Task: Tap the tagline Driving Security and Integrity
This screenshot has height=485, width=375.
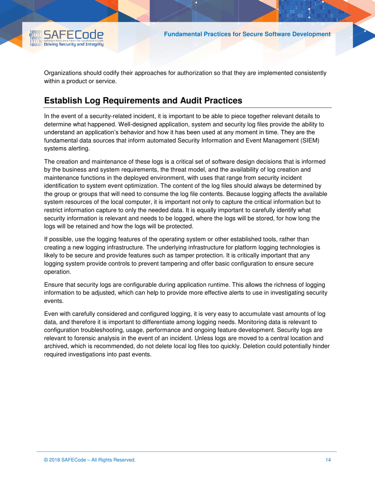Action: [73, 45]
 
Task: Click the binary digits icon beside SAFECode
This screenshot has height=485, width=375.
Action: [36, 39]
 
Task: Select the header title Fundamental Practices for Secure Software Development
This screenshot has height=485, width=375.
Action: [247, 34]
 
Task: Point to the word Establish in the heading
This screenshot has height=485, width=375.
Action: [63, 101]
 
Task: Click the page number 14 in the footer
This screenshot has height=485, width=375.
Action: [328, 460]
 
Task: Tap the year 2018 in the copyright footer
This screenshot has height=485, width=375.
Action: [56, 460]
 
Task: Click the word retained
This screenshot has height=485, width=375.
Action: [82, 226]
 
